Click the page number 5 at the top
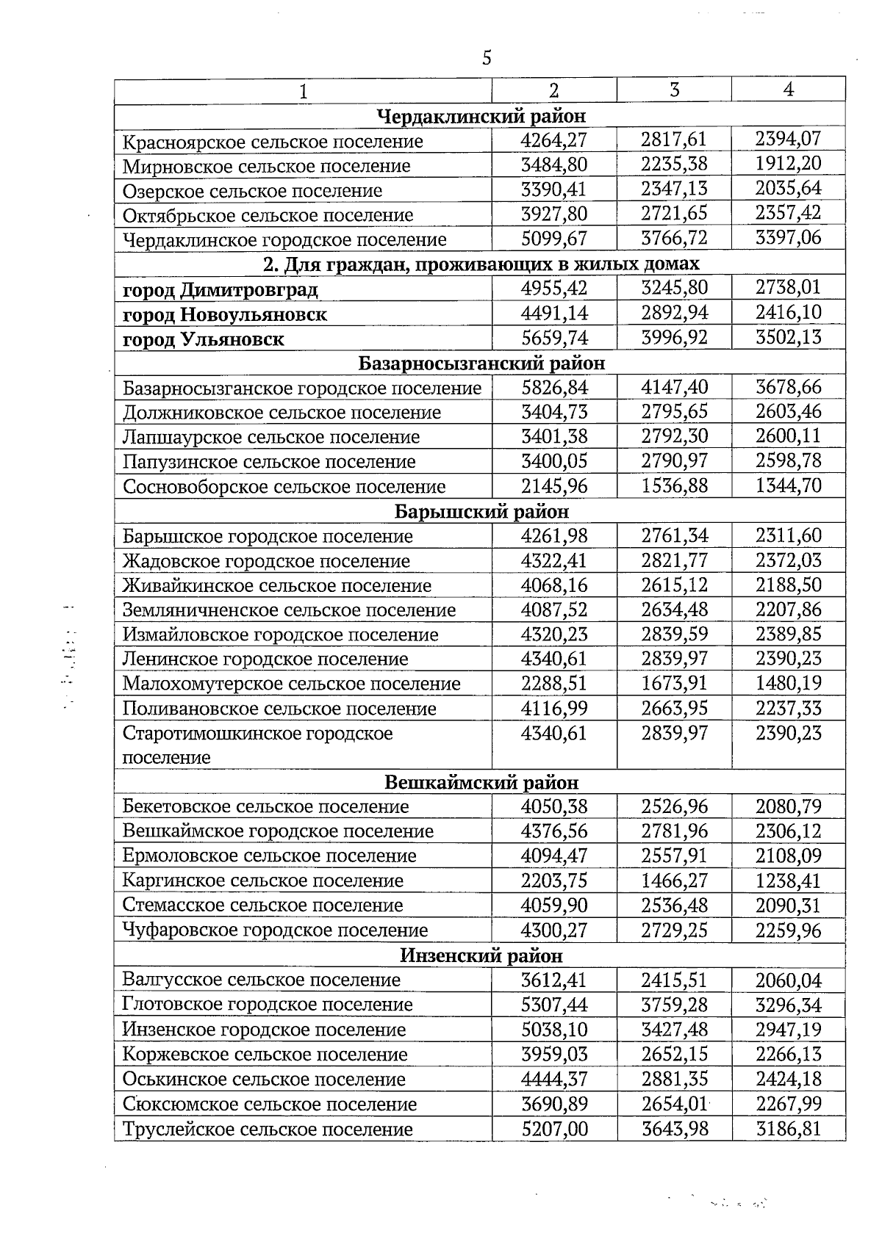487,58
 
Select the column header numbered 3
674,90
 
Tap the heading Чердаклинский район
481,116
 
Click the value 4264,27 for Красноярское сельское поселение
553,140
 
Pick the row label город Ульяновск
203,339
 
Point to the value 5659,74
553,338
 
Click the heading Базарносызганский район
481,363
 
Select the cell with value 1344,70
788,485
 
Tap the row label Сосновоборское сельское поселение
284,487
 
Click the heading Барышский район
481,511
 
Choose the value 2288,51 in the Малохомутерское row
553,684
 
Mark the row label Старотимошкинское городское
257,734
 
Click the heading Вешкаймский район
481,783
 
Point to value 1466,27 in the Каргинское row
674,881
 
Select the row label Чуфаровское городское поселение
275,930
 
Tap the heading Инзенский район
481,955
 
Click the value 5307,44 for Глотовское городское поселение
553,1005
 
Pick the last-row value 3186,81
788,1129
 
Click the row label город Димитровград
220,290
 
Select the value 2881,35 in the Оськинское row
674,1079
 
